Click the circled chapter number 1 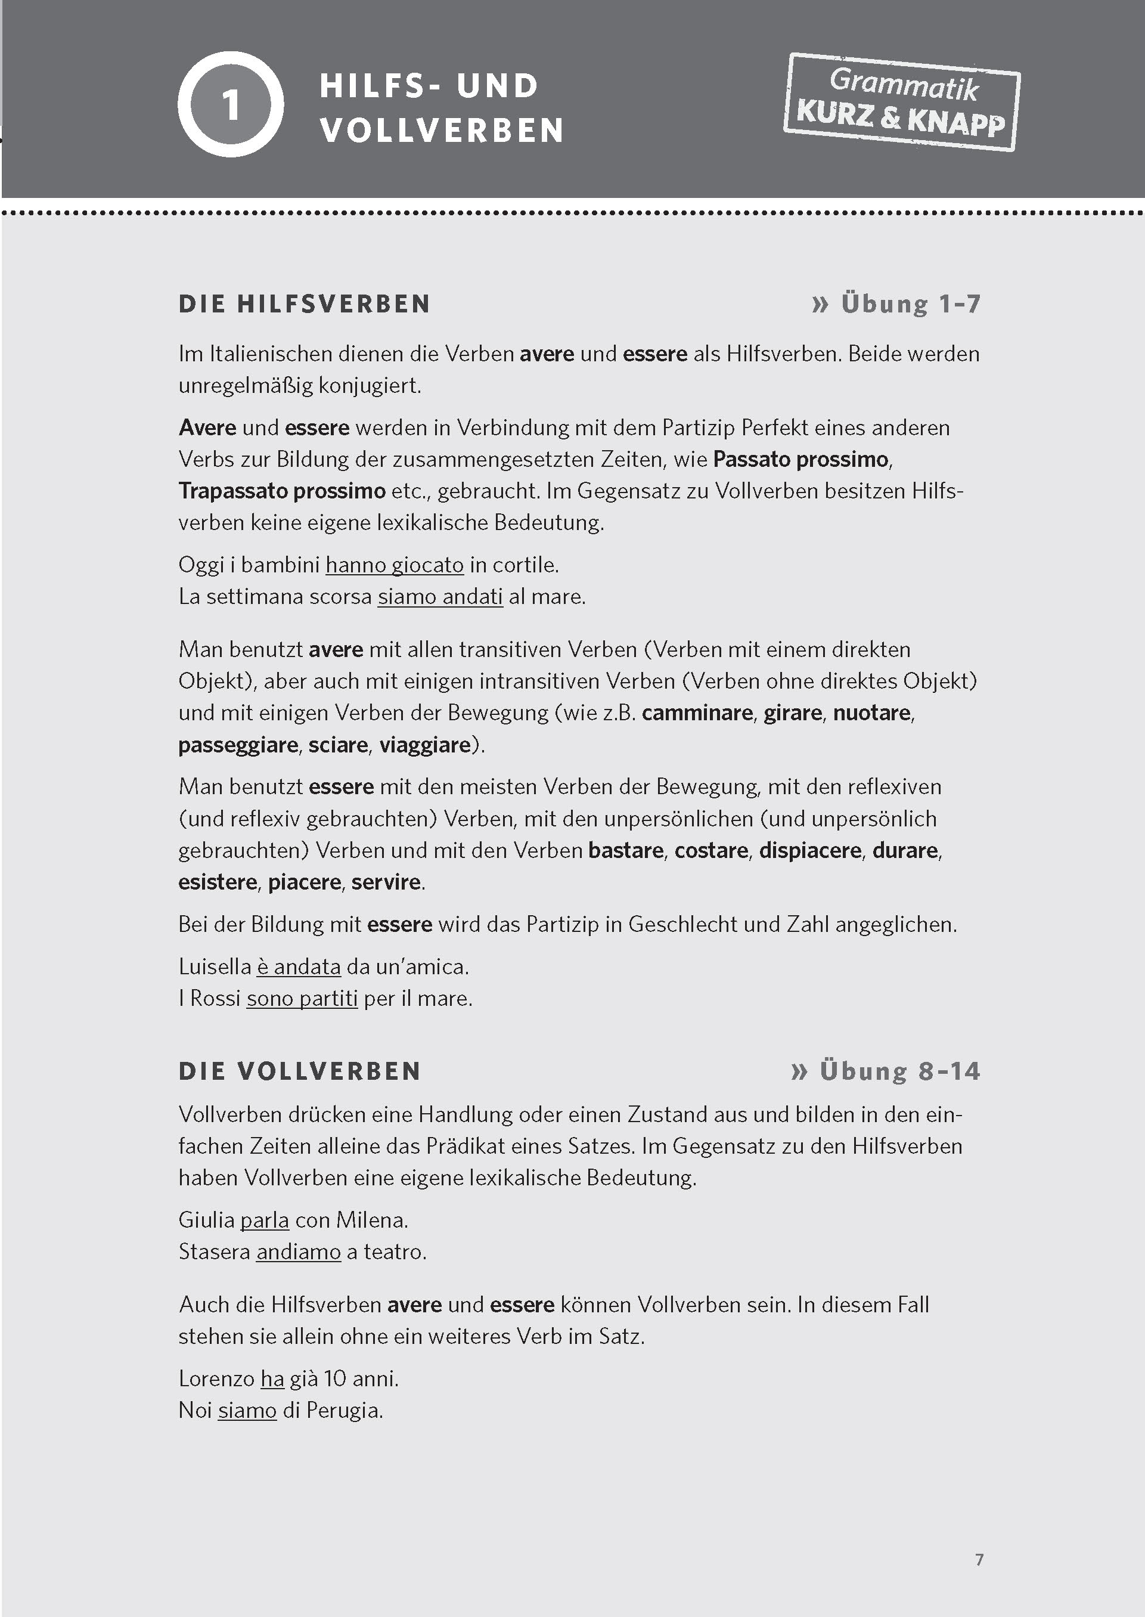[x=231, y=104]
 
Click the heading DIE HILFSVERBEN [x=304, y=304]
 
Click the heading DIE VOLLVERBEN [x=300, y=1071]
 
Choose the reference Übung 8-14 [x=886, y=1071]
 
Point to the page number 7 [x=979, y=1559]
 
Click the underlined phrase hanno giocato [x=394, y=565]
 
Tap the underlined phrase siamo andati [x=440, y=597]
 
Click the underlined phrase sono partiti [x=302, y=998]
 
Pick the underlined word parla [x=265, y=1220]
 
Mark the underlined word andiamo [x=298, y=1252]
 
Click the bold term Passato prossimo [x=800, y=459]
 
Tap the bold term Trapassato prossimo [x=282, y=491]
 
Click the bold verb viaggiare [x=424, y=745]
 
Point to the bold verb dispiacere [x=810, y=850]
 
